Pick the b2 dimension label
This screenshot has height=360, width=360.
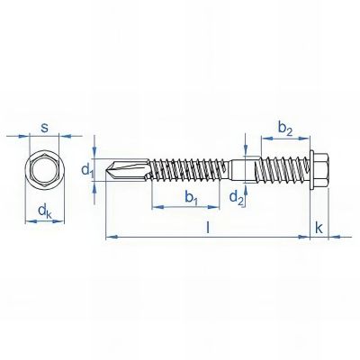pyautogui.click(x=284, y=128)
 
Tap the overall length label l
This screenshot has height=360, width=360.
pyautogui.click(x=208, y=228)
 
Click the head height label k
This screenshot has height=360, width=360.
pyautogui.click(x=320, y=228)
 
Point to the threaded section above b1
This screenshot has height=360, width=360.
pyautogui.click(x=189, y=168)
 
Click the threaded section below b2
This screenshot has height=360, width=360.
pyautogui.click(x=283, y=168)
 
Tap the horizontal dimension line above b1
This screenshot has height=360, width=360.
pyautogui.click(x=189, y=207)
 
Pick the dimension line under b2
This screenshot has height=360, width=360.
pyautogui.click(x=285, y=139)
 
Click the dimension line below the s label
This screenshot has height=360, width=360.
pyautogui.click(x=45, y=138)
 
